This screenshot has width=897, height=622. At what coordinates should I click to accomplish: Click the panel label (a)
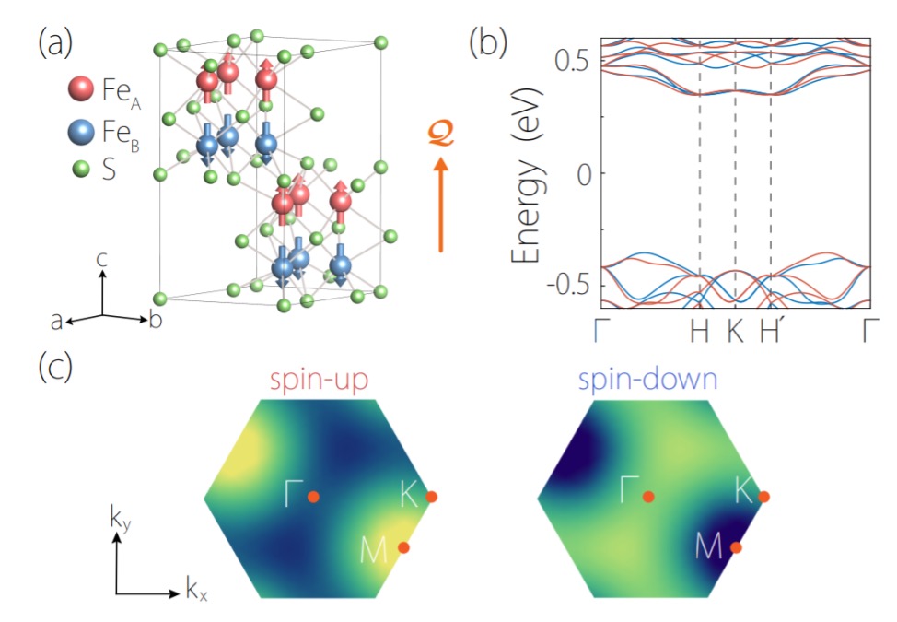[x=55, y=42]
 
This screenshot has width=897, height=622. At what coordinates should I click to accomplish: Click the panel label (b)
[x=487, y=42]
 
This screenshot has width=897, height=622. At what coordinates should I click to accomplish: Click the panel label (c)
[x=55, y=367]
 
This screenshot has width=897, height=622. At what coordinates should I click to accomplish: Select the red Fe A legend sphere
[x=81, y=88]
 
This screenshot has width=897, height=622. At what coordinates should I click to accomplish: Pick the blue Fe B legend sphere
[x=81, y=132]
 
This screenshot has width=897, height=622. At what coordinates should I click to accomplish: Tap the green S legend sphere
[x=81, y=170]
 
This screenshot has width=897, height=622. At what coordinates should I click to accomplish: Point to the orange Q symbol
[x=440, y=134]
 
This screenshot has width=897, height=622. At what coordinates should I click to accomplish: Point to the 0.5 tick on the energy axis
[x=572, y=61]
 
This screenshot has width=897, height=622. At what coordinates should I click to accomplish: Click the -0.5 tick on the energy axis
[x=568, y=286]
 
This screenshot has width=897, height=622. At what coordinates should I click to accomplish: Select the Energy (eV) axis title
[x=526, y=175]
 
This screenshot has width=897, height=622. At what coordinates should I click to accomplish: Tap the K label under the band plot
[x=735, y=331]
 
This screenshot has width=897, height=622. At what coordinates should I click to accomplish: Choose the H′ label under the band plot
[x=770, y=330]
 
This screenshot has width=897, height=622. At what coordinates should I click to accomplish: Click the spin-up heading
[x=319, y=381]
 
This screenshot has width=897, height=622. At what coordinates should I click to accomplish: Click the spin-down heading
[x=647, y=381]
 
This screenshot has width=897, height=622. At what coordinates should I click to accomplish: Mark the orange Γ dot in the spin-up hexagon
[x=313, y=497]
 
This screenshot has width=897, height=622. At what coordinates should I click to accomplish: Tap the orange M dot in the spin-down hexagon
[x=736, y=547]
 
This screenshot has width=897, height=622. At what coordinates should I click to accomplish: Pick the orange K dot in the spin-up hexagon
[x=431, y=497]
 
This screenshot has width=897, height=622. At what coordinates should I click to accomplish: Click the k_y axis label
[x=120, y=520]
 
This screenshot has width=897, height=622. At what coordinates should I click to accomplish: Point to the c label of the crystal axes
[x=102, y=261]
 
